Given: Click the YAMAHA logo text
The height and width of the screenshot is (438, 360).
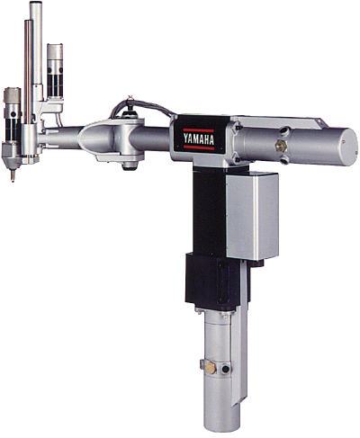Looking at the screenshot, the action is [199, 139].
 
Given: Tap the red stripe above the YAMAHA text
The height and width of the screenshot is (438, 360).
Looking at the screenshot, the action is [198, 130].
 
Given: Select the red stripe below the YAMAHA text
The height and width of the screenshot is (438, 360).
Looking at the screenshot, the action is [199, 147].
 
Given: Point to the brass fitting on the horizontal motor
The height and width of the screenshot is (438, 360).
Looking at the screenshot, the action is [281, 146].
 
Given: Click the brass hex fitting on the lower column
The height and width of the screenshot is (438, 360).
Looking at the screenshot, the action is [211, 368].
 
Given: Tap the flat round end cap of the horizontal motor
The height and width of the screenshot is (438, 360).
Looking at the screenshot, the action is [349, 147].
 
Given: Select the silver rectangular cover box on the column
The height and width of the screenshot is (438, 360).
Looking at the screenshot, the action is [252, 216].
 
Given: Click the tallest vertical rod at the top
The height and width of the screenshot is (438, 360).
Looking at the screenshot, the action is [37, 43].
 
